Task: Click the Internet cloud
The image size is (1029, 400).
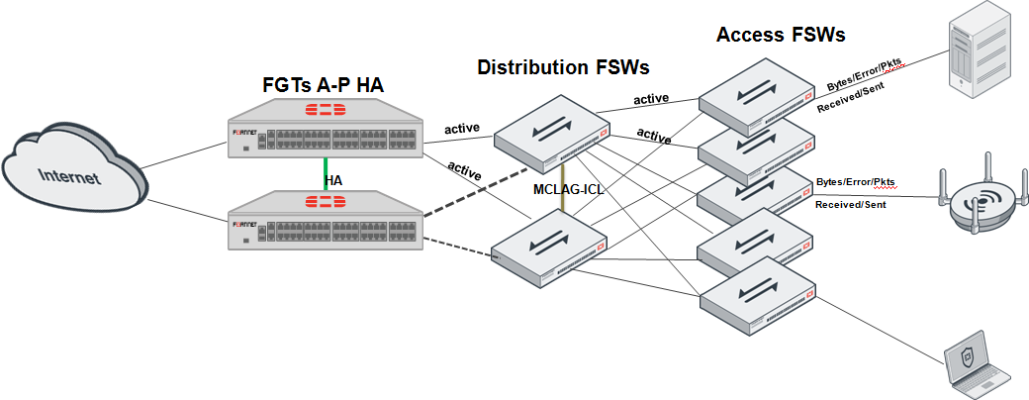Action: pos(75,179)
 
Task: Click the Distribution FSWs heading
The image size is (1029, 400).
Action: pos(563,67)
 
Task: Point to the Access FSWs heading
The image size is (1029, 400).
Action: pos(781,35)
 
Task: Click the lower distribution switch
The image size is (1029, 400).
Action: pos(552,248)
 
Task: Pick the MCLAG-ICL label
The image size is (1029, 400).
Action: pos(568,189)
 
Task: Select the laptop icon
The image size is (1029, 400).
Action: pos(976,365)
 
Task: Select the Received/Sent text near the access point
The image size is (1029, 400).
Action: pos(850,204)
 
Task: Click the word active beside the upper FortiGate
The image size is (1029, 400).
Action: pos(462,129)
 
